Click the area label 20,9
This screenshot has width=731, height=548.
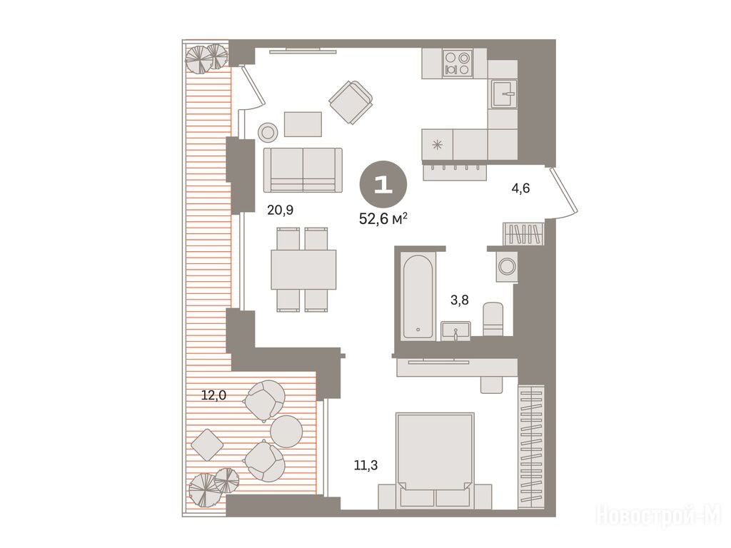pos(280,210)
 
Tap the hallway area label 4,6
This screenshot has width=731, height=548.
pos(520,188)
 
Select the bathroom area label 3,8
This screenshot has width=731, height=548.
pos(459,300)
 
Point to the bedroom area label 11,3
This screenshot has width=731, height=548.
pos(365,465)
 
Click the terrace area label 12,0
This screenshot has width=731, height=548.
pos(213,395)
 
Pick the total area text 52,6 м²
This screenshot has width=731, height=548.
pos(383,218)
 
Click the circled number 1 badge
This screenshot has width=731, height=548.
pos(383,185)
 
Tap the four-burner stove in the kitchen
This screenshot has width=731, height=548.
pos(457,64)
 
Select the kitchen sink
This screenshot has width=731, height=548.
pos(503,94)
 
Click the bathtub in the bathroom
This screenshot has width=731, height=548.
pos(418,296)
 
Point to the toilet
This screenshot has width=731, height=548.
pos(493,319)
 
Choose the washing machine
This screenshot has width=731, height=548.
pos(507,267)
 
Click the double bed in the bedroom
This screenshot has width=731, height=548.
pos(435,460)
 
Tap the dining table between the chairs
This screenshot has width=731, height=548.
pos(303,269)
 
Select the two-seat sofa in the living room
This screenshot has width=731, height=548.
pos(303,170)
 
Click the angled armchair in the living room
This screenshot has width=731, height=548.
pos(351,103)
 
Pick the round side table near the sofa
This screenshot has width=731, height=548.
pos(268,133)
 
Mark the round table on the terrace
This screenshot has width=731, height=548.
pos(286,432)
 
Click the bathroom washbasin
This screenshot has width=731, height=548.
pos(455,331)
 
